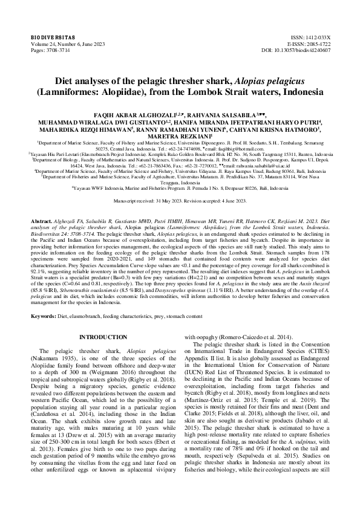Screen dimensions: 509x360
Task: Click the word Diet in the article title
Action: coord(83,80)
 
